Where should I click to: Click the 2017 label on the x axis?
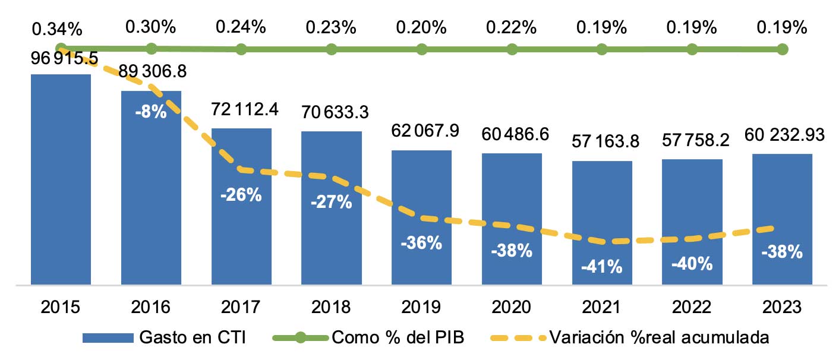tap(241, 307)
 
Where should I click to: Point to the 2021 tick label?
tap(602, 307)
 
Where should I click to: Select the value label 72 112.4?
tap(241, 109)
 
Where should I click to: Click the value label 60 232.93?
tap(783, 135)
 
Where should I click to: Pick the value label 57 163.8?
tap(602, 142)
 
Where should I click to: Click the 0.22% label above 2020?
tap(512, 27)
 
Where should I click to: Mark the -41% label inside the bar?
tap(602, 267)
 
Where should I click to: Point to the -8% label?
tap(150, 112)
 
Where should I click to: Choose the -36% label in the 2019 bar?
tap(421, 242)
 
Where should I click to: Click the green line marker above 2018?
tap(331, 49)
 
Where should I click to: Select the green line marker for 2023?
tap(783, 49)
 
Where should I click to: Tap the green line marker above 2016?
tap(151, 49)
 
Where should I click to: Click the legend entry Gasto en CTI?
tap(191, 337)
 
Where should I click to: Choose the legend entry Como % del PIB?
tap(397, 337)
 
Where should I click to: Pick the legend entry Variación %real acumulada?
tap(658, 337)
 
